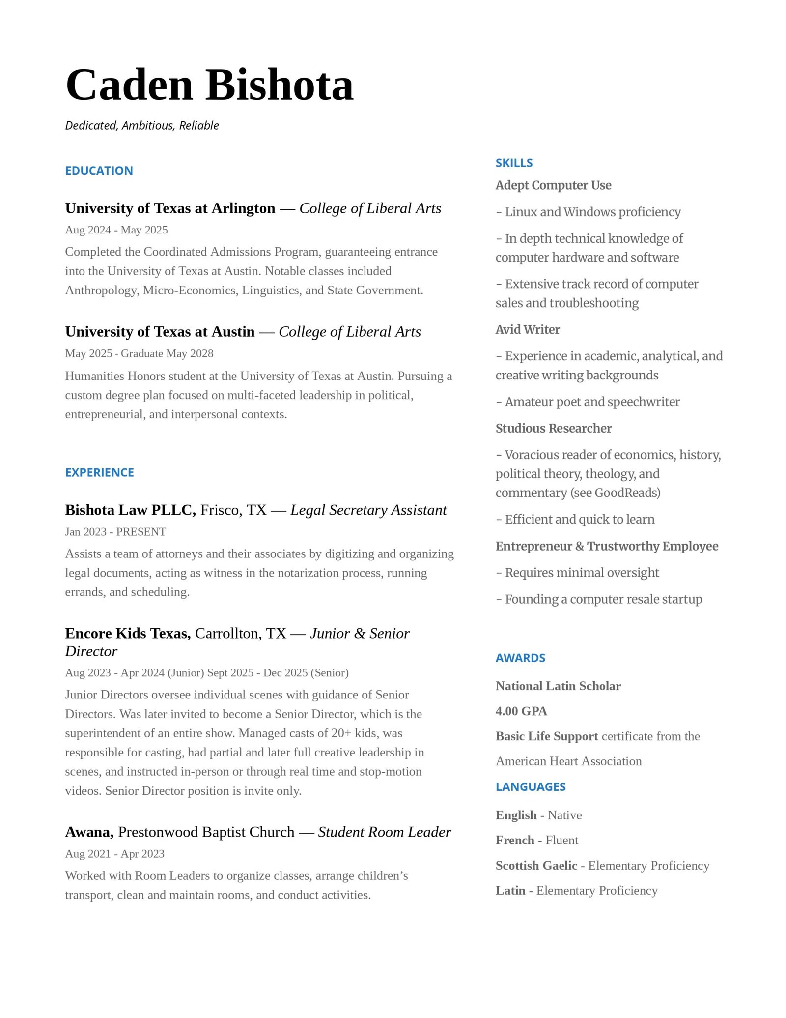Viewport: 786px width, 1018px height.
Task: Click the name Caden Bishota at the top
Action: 209,86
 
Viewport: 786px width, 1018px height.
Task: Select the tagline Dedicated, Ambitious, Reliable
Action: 142,126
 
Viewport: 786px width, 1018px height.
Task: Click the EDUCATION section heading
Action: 99,171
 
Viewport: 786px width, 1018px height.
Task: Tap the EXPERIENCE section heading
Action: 99,472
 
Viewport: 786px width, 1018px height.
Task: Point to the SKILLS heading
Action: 514,163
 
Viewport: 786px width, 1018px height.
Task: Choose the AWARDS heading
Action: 520,658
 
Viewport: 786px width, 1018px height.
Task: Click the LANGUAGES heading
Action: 531,786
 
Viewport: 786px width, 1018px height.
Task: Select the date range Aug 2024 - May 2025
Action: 116,230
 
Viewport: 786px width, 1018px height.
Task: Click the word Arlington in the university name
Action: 243,208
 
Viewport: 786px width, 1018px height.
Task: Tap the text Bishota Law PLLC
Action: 130,510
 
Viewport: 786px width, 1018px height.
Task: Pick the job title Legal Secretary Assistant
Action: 368,510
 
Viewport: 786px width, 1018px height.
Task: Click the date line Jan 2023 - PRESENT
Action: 115,532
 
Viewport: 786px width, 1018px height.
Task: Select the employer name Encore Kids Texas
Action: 128,634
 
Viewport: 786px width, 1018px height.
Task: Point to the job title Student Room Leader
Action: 384,832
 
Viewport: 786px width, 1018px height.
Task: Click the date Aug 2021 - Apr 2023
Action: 114,854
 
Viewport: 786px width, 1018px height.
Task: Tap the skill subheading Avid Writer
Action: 528,329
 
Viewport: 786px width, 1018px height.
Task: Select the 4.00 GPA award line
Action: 521,711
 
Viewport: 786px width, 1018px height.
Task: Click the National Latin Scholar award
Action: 558,686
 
